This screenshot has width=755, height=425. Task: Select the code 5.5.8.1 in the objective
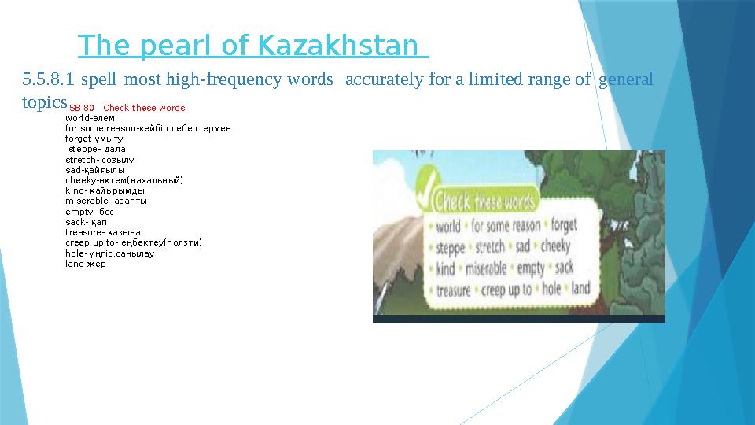pyautogui.click(x=48, y=79)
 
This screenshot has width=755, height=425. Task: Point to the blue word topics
pyautogui.click(x=44, y=102)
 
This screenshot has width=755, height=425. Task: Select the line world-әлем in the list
pyautogui.click(x=90, y=118)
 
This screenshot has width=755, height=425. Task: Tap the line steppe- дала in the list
pyautogui.click(x=97, y=149)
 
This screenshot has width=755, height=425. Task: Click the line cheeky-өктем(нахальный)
pyautogui.click(x=124, y=180)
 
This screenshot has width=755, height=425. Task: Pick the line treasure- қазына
pyautogui.click(x=103, y=232)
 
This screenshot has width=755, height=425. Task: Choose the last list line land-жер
pyautogui.click(x=85, y=264)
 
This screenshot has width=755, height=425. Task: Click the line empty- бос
pyautogui.click(x=90, y=212)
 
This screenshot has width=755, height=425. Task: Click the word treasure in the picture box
pyautogui.click(x=452, y=290)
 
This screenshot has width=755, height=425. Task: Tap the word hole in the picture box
pyautogui.click(x=551, y=289)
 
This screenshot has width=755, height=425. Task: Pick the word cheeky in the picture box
pyautogui.click(x=556, y=246)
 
